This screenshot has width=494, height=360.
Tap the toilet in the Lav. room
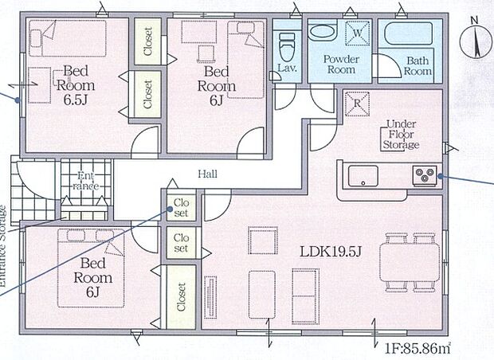287,47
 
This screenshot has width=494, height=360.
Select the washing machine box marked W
357,33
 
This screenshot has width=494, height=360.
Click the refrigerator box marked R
357,104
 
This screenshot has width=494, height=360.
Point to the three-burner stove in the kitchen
425,175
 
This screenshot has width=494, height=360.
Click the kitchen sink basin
363,176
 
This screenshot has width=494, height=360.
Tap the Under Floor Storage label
401,135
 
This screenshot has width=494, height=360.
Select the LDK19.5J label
330,252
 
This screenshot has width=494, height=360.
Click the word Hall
208,174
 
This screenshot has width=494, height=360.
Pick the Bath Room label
418,66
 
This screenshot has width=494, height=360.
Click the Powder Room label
341,65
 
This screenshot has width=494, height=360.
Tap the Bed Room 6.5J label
76,85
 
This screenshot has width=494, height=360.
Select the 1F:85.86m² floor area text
418,348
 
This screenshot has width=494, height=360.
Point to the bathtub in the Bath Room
408,33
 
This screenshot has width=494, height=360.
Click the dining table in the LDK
410,264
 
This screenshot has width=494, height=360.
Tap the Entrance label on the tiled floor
86,181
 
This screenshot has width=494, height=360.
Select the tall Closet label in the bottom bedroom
181,297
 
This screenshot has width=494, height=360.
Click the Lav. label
287,68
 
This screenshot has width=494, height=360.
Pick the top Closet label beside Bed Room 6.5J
147,41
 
